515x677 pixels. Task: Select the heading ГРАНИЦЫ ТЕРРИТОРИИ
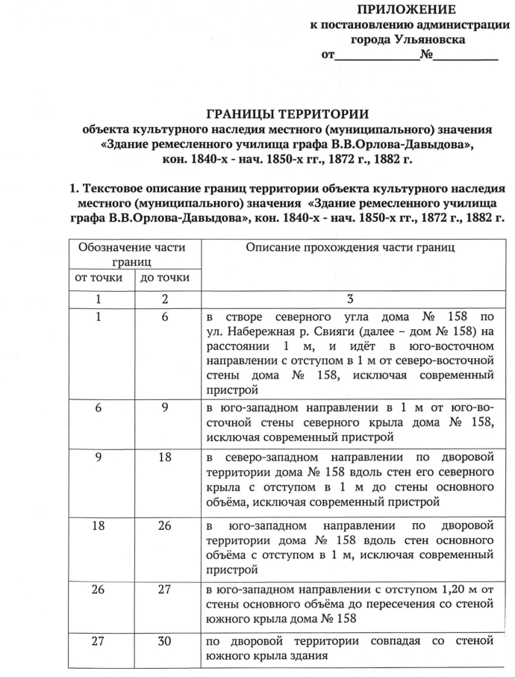(x=287, y=114)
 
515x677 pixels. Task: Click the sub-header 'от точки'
(x=98, y=278)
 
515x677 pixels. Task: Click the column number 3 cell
(x=349, y=299)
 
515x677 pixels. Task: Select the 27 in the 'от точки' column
(x=98, y=640)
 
